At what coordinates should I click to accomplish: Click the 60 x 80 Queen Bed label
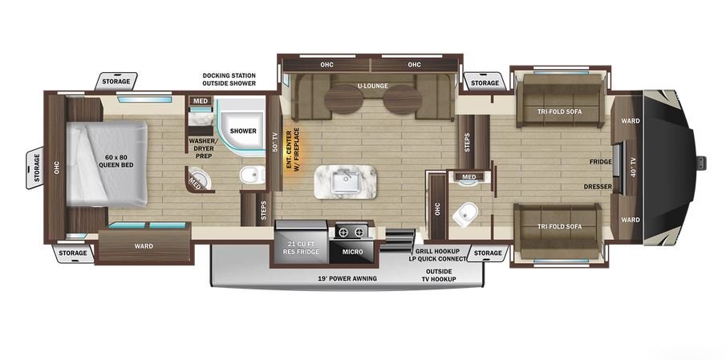[116, 160]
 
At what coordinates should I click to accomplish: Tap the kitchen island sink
[346, 181]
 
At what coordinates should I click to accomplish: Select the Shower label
[243, 131]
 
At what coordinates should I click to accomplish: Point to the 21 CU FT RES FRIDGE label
[301, 248]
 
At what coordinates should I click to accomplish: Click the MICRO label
[353, 252]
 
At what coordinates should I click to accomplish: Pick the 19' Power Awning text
[347, 278]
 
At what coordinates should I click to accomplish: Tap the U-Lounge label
[372, 86]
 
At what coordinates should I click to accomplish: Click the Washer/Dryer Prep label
[200, 148]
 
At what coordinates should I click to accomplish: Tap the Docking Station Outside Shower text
[229, 79]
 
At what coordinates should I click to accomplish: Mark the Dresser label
[598, 187]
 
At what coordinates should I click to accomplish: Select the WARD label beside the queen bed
[144, 246]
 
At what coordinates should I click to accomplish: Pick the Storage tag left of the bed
[35, 168]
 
